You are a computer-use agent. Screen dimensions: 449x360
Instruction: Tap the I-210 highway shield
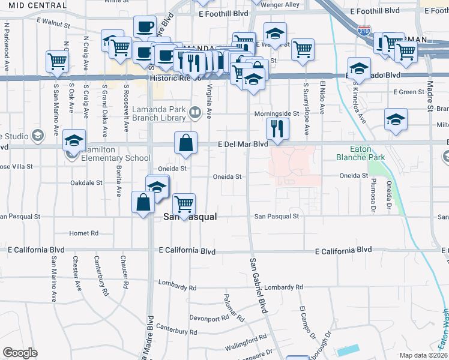pos(364,29)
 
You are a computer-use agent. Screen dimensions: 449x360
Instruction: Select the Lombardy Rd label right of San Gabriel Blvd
pos(280,287)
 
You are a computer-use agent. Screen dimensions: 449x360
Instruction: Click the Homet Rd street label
pos(83,233)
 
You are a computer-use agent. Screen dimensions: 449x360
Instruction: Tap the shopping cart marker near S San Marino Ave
pos(57,61)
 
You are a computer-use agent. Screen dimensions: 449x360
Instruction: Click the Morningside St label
pos(276,113)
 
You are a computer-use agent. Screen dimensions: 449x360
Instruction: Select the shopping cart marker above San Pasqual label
pos(184,204)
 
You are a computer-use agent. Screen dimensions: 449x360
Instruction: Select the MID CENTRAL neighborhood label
pos(25,5)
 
